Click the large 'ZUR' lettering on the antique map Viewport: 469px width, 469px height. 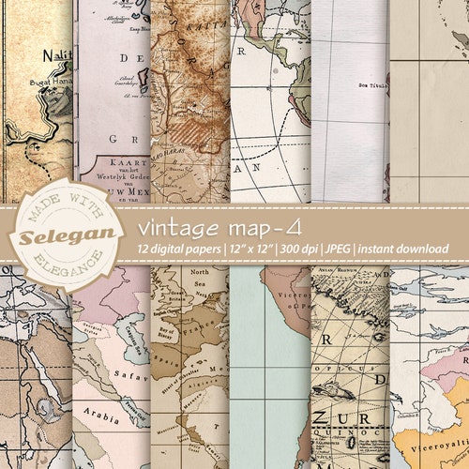point(343,418)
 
